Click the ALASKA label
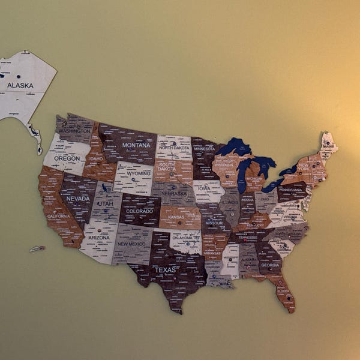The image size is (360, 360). (20, 86)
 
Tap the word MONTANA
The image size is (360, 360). (136, 145)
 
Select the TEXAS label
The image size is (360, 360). (166, 270)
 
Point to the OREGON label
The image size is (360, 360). (67, 158)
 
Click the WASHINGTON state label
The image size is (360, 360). (75, 131)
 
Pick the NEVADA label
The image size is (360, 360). (78, 199)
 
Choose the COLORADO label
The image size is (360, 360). (139, 211)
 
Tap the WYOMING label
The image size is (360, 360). (139, 173)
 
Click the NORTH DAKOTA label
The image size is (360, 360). (174, 148)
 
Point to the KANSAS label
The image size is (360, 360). (176, 217)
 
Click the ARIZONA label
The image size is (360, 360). (99, 238)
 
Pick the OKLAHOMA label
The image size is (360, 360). (186, 236)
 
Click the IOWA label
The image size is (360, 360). (204, 188)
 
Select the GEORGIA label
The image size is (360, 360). (270, 265)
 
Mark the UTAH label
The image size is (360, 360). (105, 203)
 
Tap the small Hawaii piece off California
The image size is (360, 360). (37, 248)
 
